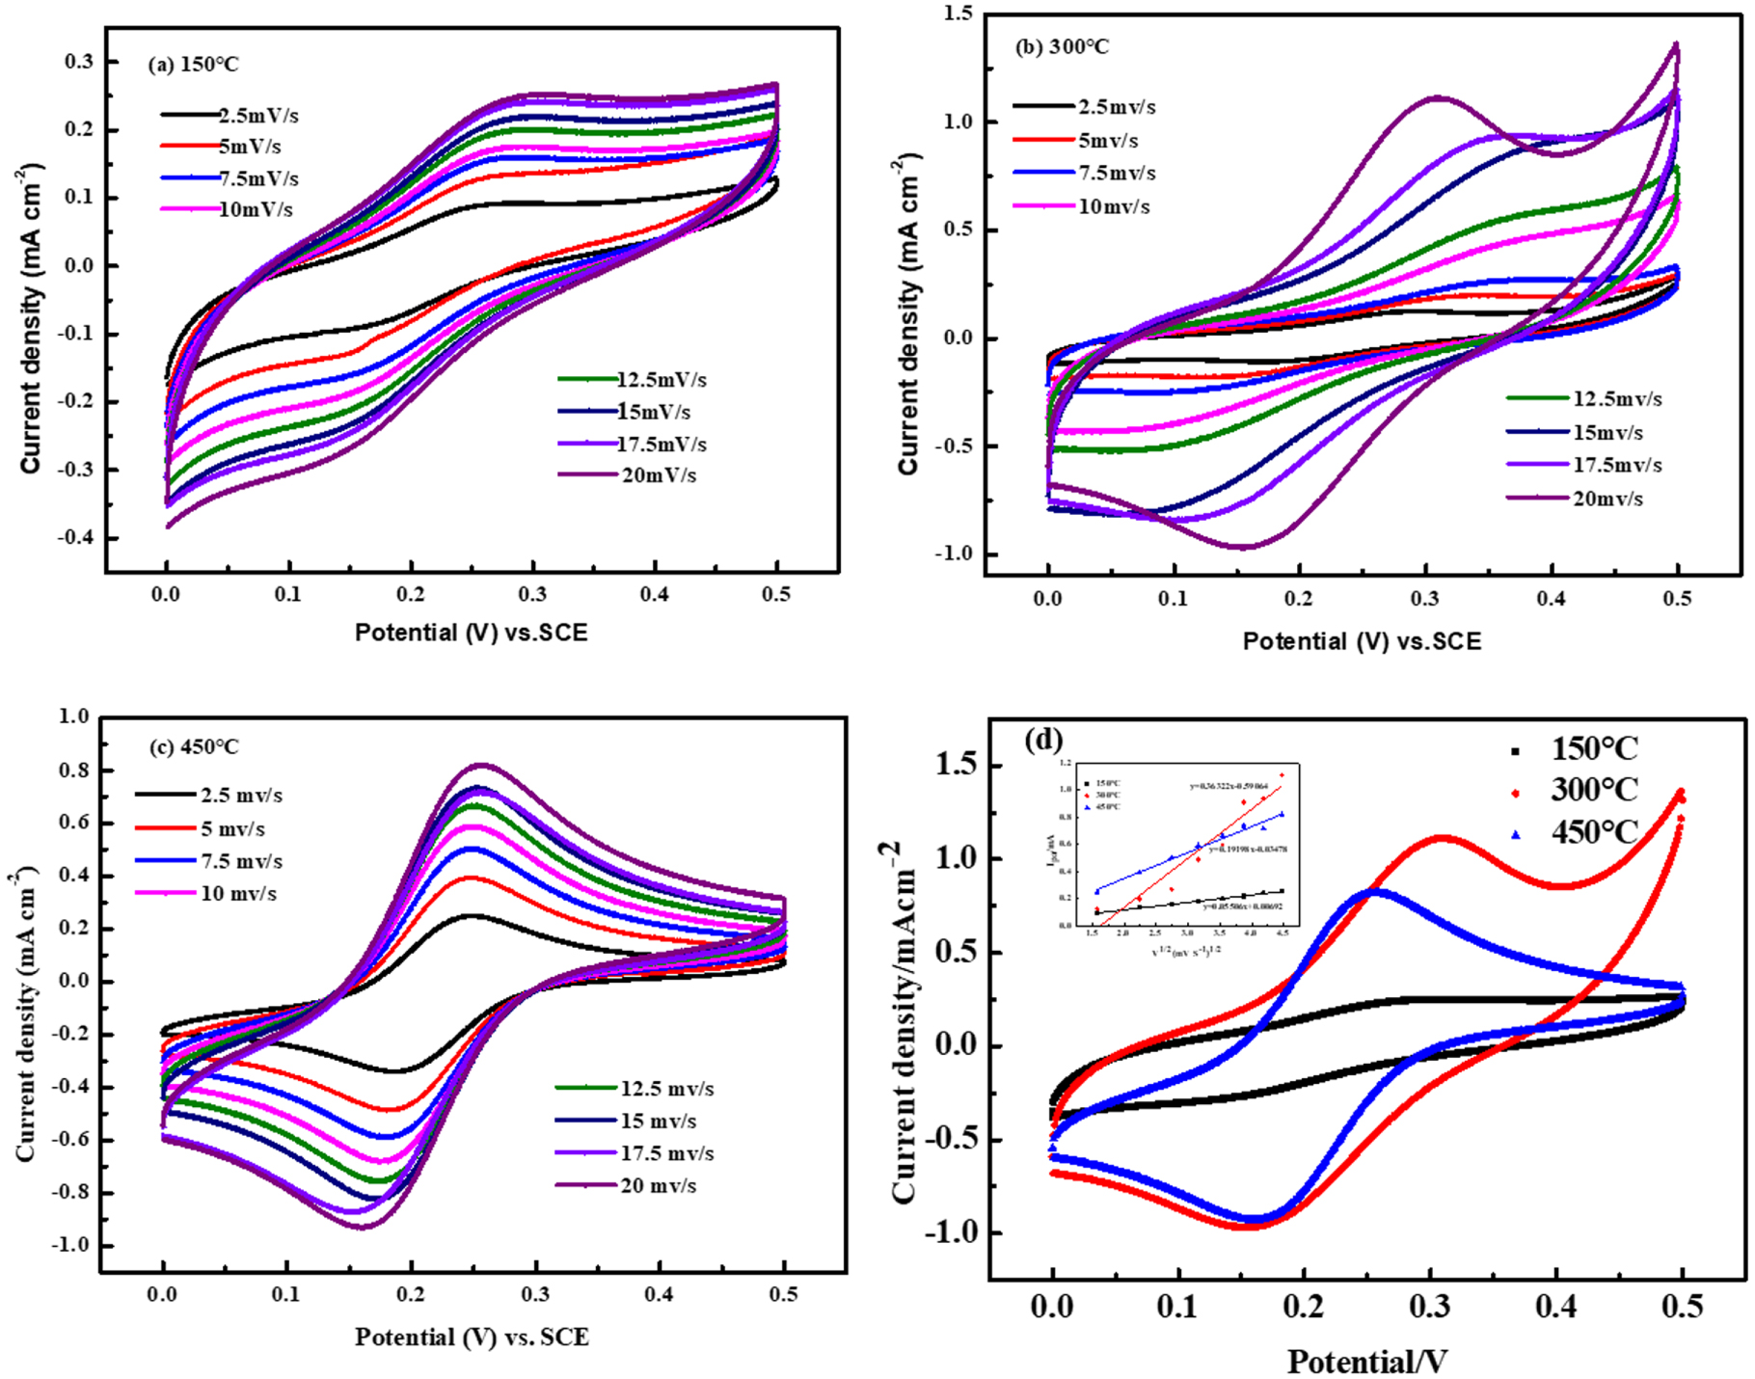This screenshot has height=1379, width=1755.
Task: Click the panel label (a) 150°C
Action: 192,65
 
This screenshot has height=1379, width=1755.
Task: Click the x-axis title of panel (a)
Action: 471,633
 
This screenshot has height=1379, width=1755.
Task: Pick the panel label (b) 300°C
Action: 1062,46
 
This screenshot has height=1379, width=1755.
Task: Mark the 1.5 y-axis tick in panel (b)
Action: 959,14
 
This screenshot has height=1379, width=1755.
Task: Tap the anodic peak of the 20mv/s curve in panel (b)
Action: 1437,97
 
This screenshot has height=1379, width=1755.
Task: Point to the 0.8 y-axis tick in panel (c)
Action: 74,770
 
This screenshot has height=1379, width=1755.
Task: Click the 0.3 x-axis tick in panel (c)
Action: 536,1294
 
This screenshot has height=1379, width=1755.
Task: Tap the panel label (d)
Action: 1045,741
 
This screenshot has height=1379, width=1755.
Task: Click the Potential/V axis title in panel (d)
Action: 1366,1362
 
